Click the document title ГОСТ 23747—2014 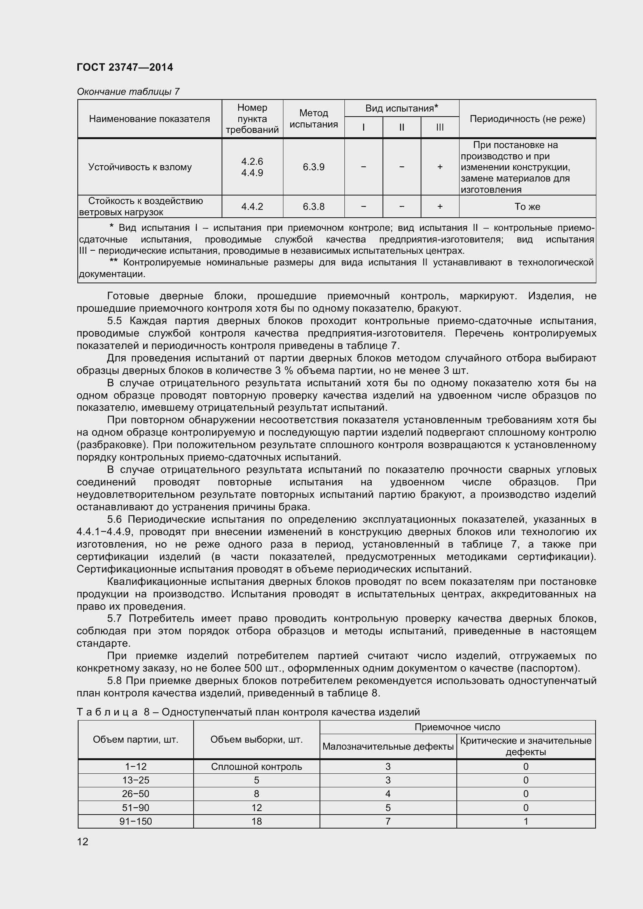(125, 67)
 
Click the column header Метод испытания (314, 119)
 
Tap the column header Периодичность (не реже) (527, 119)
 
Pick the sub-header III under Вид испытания (440, 127)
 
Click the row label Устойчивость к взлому (140, 167)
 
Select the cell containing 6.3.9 (314, 167)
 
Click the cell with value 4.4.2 (252, 207)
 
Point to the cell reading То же (527, 207)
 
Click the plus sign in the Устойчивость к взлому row (440, 167)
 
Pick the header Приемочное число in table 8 (457, 727)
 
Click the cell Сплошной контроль (256, 766)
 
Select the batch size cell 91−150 (135, 821)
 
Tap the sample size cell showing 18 (256, 821)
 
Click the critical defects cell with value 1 (526, 821)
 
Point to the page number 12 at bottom (83, 842)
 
